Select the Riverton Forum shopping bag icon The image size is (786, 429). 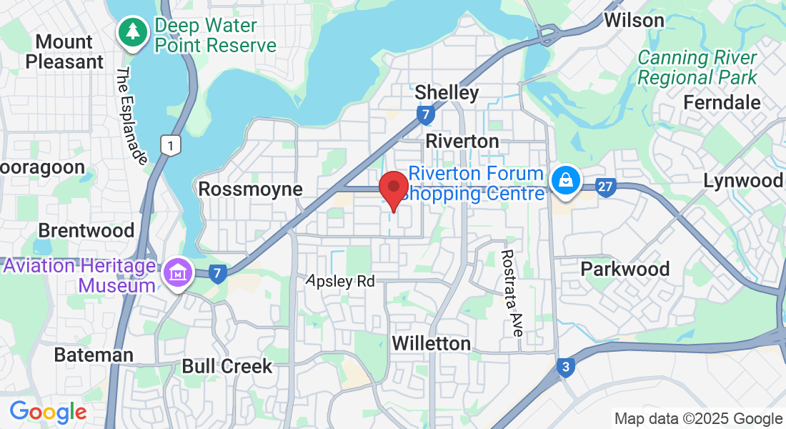coord(565,179)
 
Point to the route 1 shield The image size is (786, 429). coord(169,145)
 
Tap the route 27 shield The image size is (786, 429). coord(605,188)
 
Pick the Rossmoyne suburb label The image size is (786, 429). coord(250,189)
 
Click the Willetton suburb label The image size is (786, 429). coord(432,344)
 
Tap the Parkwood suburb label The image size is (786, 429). coord(625,270)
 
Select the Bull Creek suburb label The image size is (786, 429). coord(227,367)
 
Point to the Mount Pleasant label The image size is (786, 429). coord(64,51)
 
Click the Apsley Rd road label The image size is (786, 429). coord(340,281)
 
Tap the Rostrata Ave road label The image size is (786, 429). coord(512,292)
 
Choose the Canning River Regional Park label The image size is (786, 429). coord(697,67)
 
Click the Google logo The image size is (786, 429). coord(48,411)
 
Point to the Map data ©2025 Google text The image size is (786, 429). coord(698,419)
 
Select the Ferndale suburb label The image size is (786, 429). coord(722,102)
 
